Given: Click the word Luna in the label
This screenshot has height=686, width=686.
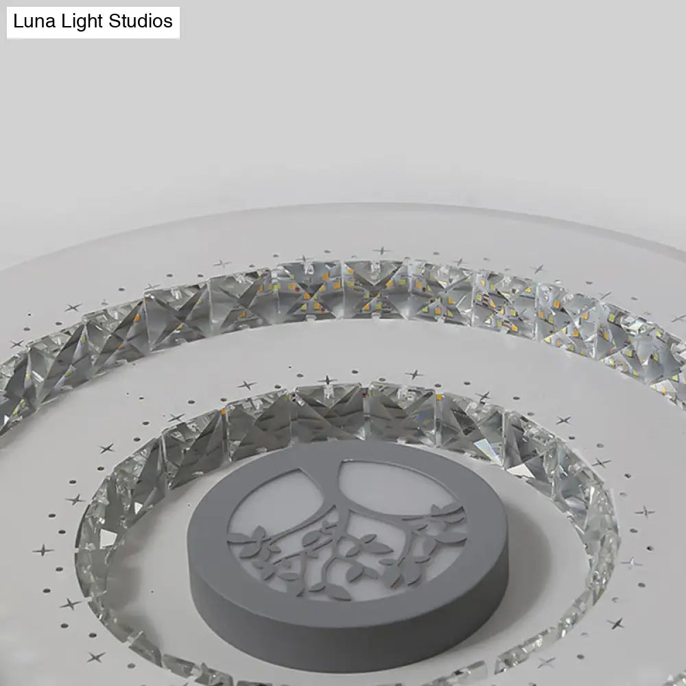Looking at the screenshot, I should point(32,21).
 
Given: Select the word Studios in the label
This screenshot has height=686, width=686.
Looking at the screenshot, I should point(141,21).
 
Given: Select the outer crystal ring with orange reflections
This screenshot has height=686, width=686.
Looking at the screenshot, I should point(343,288).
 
